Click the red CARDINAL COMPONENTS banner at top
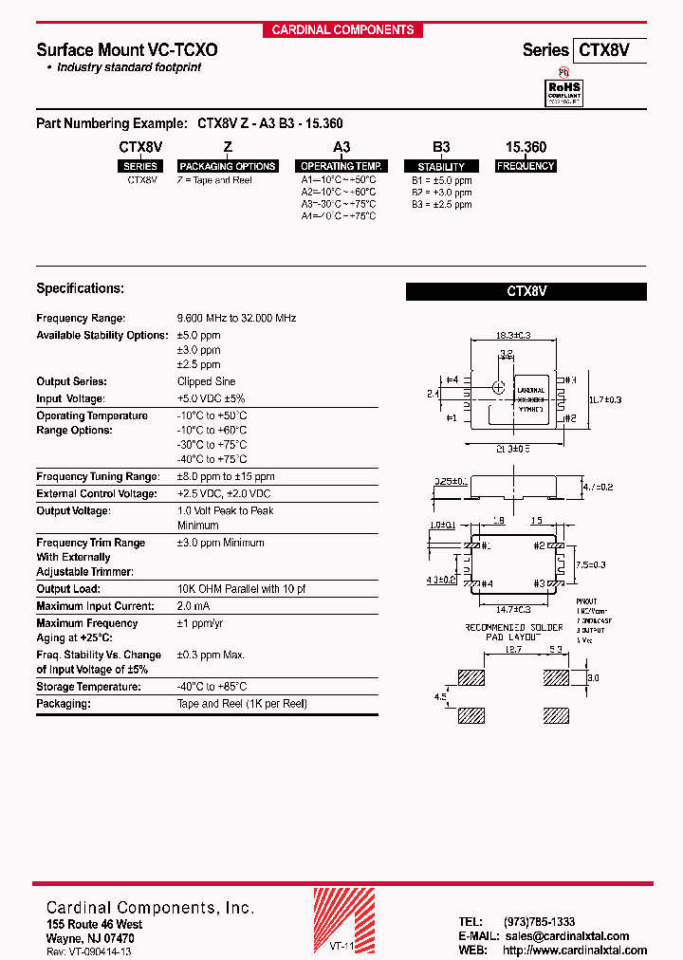(342, 29)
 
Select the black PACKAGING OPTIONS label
(228, 166)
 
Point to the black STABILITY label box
(441, 166)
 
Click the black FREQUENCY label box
(526, 166)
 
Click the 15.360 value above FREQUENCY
(526, 148)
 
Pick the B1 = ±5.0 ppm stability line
(441, 179)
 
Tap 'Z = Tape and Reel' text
(214, 179)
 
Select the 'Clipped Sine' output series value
(207, 381)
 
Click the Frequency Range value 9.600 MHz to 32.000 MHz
(236, 318)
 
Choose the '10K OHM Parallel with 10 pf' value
(242, 589)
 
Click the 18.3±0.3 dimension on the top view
(512, 335)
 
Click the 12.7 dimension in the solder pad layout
(513, 650)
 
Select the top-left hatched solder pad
(471, 678)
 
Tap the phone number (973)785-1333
(539, 921)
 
